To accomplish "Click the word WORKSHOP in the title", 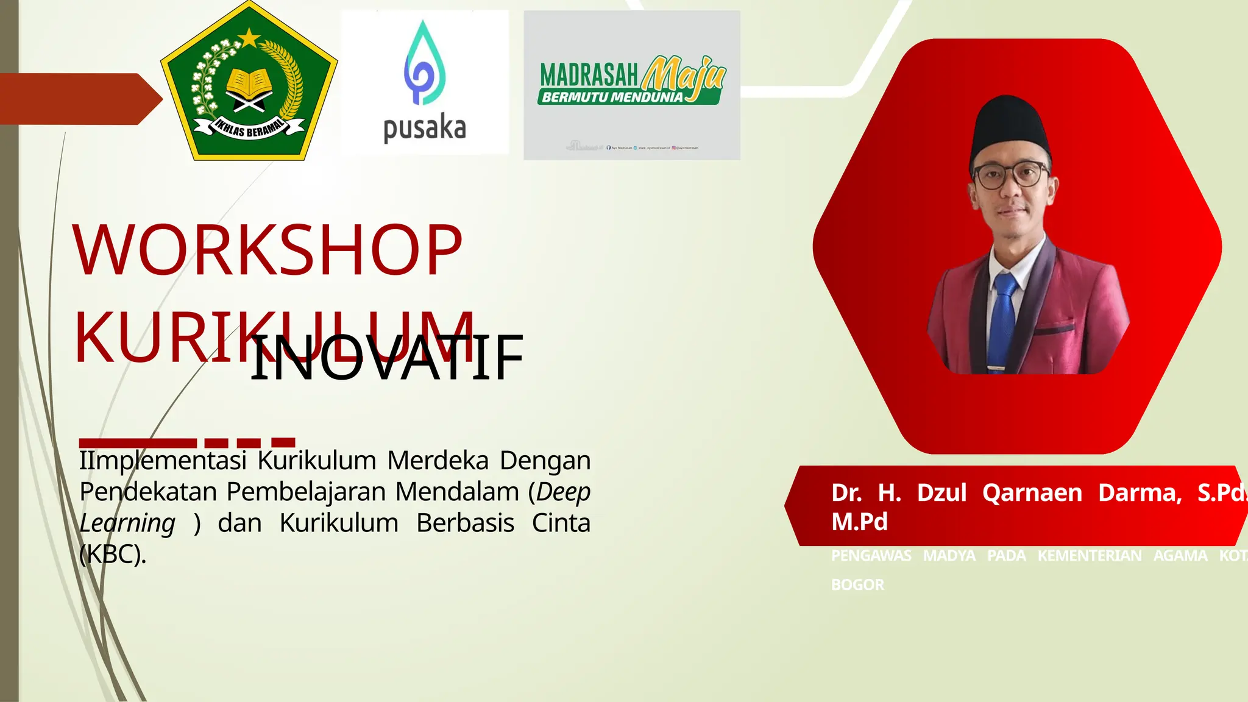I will point(268,250).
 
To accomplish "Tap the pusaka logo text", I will point(424,129).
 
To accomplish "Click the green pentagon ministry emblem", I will point(249,85).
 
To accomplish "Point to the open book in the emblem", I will point(249,82).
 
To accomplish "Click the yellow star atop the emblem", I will point(249,38).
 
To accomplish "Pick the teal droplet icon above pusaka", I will point(424,64).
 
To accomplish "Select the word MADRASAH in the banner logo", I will point(589,76).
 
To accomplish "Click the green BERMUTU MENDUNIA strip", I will point(615,97).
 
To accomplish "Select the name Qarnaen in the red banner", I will point(1032,492).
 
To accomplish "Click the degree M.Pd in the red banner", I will point(859,522).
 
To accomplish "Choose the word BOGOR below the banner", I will point(857,585).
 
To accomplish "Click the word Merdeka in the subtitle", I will point(438,461).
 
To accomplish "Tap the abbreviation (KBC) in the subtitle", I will point(113,555).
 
